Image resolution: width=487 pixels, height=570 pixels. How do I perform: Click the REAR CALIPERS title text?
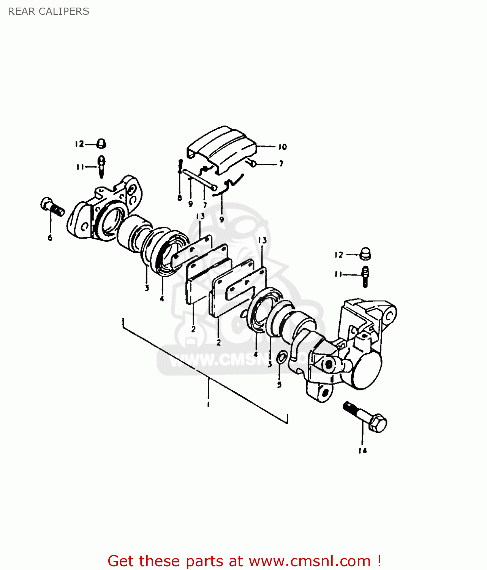(x=48, y=11)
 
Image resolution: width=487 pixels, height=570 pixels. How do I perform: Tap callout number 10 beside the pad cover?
(x=282, y=147)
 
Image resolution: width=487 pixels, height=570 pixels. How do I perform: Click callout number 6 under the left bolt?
(x=50, y=238)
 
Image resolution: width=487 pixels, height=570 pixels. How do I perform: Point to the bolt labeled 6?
(x=52, y=207)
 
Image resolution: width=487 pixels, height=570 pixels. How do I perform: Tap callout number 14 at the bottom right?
(x=362, y=451)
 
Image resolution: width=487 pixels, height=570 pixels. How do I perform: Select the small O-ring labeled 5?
(x=281, y=358)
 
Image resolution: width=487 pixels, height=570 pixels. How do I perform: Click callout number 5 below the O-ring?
(x=279, y=385)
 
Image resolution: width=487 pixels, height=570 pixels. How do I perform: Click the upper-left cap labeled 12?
(x=101, y=144)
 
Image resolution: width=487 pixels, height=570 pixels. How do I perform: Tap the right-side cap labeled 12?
(x=365, y=254)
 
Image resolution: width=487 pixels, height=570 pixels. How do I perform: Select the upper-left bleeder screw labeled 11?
(x=101, y=166)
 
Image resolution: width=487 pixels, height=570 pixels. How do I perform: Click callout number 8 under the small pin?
(x=180, y=198)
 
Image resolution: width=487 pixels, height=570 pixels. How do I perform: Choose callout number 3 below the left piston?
(x=147, y=288)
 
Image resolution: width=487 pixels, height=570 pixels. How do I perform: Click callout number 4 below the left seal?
(x=162, y=299)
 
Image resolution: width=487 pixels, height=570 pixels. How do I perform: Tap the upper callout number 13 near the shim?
(x=200, y=216)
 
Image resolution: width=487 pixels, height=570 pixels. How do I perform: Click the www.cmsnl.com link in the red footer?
(x=309, y=561)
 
